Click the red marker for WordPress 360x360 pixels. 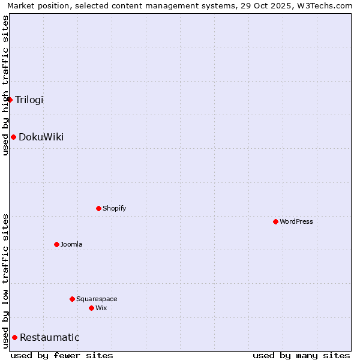click(x=275, y=221)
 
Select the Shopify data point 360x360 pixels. click(x=98, y=208)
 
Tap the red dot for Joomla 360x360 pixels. click(x=56, y=244)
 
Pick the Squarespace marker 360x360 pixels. click(x=72, y=299)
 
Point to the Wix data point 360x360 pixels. click(x=91, y=308)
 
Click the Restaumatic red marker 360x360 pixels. click(x=14, y=337)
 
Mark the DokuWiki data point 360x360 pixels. click(x=13, y=137)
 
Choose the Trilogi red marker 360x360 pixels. click(x=10, y=100)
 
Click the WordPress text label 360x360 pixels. click(x=296, y=221)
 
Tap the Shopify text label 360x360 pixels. click(x=115, y=208)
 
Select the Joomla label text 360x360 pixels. click(x=71, y=244)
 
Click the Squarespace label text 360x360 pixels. click(x=97, y=299)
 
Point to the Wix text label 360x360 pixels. click(x=101, y=308)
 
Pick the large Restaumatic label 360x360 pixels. click(x=50, y=337)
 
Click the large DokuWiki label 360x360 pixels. click(x=41, y=137)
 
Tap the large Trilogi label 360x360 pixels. click(x=29, y=100)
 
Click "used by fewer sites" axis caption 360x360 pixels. click(x=62, y=355)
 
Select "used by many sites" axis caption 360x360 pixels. click(x=301, y=355)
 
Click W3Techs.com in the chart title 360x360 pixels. click(x=323, y=5)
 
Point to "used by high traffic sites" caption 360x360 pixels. click(x=5, y=85)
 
